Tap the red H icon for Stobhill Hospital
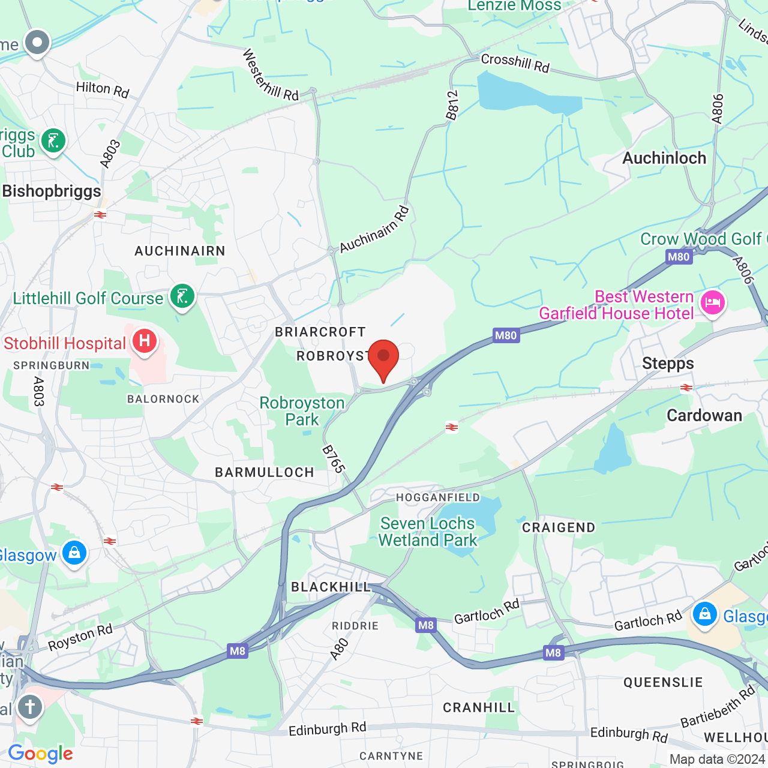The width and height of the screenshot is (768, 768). [x=144, y=342]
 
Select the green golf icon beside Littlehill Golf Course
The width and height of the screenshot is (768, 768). [x=182, y=296]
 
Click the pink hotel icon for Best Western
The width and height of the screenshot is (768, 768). [x=712, y=302]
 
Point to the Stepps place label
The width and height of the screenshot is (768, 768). [x=668, y=364]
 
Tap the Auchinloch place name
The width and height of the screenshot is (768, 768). [x=664, y=158]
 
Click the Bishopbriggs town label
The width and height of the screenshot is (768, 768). [x=52, y=191]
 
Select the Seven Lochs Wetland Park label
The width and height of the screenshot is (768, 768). [x=427, y=532]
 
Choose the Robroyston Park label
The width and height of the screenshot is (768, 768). [x=302, y=411]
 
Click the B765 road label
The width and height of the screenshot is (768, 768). [x=334, y=459]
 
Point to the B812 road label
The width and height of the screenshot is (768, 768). [x=452, y=105]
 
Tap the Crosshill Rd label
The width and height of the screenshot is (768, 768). [x=515, y=63]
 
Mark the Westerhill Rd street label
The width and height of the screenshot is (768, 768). [x=270, y=75]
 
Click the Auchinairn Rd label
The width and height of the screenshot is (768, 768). [x=374, y=229]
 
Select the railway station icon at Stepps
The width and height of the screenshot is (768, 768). [x=686, y=388]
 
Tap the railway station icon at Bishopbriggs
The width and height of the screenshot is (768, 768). [x=100, y=215]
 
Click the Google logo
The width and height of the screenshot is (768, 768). [x=40, y=754]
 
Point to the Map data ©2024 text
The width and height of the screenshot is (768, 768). [x=716, y=759]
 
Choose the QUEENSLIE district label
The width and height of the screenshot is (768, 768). [x=663, y=683]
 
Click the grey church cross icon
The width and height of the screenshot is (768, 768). [x=29, y=707]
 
